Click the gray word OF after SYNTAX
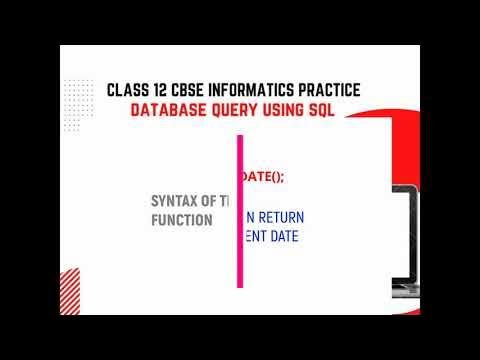tap(211, 200)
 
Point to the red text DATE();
tap(264, 176)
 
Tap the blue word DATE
tap(283, 237)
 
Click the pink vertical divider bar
tap(240, 210)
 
